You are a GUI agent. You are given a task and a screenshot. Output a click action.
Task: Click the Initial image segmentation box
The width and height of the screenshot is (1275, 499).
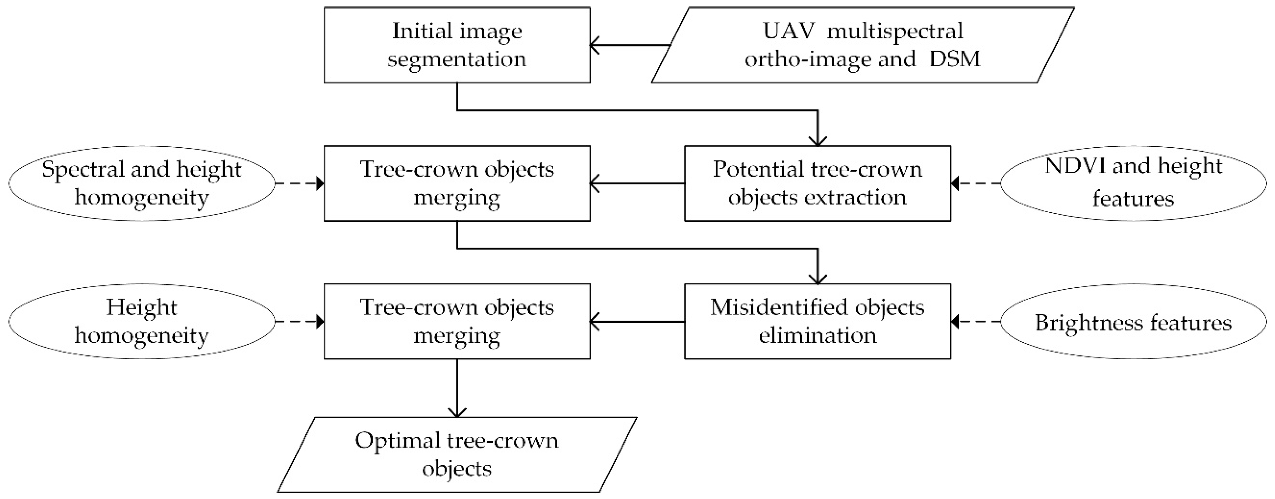point(457,45)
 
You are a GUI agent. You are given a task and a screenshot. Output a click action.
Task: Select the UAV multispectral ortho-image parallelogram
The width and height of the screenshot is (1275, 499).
point(862,45)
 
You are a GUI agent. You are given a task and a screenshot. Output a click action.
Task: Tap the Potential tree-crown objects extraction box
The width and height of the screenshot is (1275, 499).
point(817,183)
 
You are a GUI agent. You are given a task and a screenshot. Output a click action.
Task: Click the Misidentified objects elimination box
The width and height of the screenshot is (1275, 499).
point(817,321)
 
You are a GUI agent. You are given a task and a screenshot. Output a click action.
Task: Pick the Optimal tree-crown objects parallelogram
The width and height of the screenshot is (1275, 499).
point(457,455)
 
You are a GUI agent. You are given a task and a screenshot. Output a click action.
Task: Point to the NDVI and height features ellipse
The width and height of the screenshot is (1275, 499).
point(1133,183)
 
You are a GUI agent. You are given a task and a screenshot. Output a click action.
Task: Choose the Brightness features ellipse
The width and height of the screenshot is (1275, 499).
point(1133,321)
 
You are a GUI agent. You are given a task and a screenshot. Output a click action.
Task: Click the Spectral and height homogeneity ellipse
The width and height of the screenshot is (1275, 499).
point(142,183)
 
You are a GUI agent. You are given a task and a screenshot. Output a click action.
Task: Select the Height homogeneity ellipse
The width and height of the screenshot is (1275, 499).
point(142,321)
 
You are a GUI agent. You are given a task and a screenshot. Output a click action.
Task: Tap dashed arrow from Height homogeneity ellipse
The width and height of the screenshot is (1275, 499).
point(299,321)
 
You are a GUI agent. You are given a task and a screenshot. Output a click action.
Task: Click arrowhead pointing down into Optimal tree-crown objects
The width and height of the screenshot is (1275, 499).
point(457,412)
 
